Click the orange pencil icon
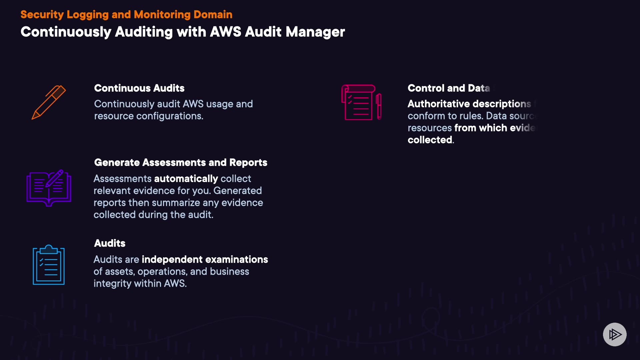click(49, 102)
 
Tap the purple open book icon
click(49, 188)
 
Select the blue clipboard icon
click(49, 265)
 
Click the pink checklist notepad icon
click(361, 102)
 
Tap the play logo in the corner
click(615, 334)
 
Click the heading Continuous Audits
click(139, 88)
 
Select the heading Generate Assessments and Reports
click(181, 162)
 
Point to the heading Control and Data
click(449, 88)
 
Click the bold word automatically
click(186, 179)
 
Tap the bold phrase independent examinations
click(205, 259)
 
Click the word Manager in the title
click(315, 32)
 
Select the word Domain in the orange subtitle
click(213, 15)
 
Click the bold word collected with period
click(431, 140)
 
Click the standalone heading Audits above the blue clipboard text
click(110, 243)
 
